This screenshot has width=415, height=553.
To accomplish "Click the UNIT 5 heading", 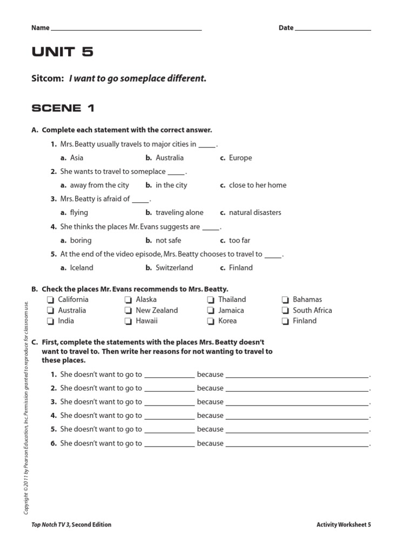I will (x=62, y=52).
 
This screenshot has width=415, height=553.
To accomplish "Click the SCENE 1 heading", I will (x=63, y=108).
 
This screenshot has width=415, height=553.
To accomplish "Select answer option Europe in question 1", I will (x=240, y=158).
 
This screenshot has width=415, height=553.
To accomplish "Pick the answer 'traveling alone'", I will (x=179, y=213).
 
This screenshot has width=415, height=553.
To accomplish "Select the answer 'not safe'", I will (x=168, y=240).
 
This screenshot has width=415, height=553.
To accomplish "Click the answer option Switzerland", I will (x=174, y=268).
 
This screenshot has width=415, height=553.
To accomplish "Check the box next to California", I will (x=50, y=300).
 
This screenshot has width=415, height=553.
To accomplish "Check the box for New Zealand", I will (x=128, y=311).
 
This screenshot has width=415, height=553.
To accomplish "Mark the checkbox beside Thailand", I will (x=211, y=300).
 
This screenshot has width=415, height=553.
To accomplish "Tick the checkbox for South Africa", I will (x=285, y=311).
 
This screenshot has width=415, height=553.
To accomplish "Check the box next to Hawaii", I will (x=128, y=321).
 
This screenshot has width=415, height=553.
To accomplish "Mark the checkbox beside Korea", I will (x=211, y=321).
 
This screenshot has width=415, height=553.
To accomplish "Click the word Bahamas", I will (x=307, y=300).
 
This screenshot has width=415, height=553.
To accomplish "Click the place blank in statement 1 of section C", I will (x=169, y=375).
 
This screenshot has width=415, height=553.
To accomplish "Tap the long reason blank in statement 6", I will (x=297, y=444).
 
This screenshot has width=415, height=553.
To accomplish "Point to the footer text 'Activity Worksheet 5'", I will (x=344, y=524).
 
